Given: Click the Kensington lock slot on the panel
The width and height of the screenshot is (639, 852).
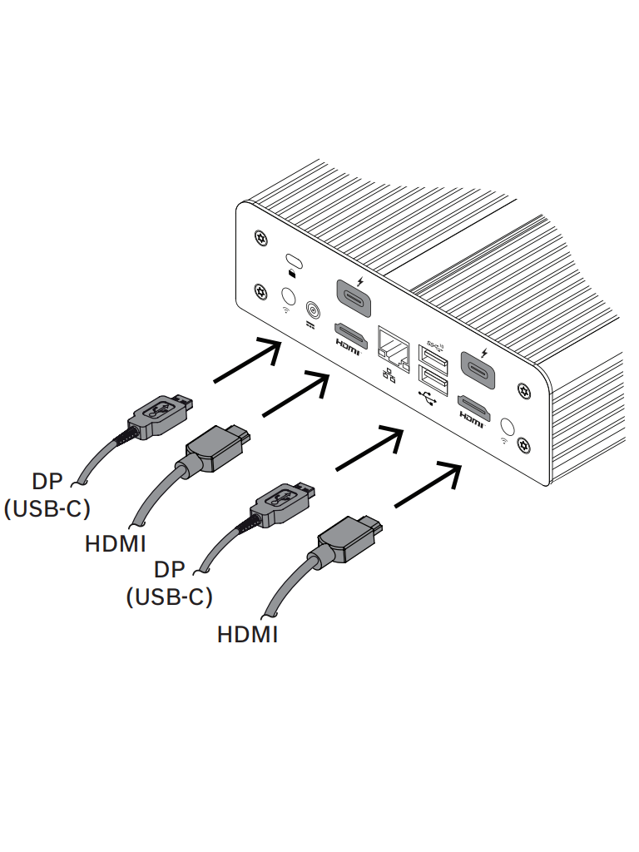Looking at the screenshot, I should coord(292,258).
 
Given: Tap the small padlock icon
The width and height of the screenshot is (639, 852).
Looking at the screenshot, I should coord(292,271).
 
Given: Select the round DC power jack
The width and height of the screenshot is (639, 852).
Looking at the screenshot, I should coord(314,310).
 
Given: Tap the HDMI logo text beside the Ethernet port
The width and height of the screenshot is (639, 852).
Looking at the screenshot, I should coord(349,350).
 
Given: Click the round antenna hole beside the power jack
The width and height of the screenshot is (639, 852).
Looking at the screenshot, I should coord(290,296).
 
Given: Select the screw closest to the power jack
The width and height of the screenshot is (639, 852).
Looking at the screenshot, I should coord(261,291).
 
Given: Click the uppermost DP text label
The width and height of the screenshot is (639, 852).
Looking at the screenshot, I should coord(47,482).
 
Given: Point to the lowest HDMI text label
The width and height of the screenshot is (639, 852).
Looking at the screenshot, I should coord(247,635).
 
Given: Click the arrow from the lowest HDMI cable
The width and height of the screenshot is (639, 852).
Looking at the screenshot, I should coord(427,486).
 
